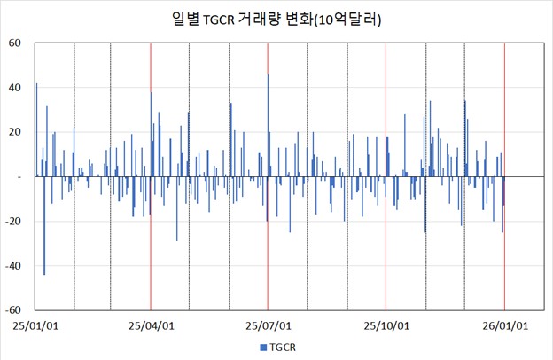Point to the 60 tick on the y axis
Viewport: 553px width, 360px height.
click(x=15, y=43)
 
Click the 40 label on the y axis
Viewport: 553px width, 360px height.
click(x=15, y=87)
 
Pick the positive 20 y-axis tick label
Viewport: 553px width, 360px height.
click(x=15, y=132)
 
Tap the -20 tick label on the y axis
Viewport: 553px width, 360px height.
click(x=13, y=222)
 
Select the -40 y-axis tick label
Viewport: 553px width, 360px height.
click(x=13, y=266)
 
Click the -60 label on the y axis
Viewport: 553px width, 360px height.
click(x=13, y=311)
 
